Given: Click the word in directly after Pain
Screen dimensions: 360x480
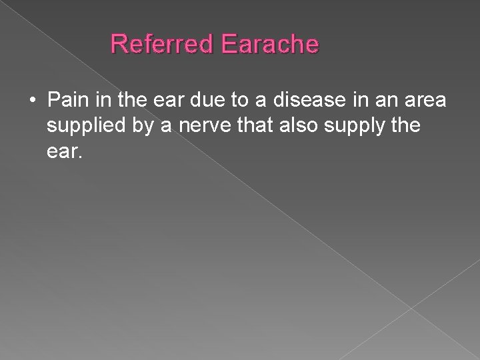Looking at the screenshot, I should click(101, 101).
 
